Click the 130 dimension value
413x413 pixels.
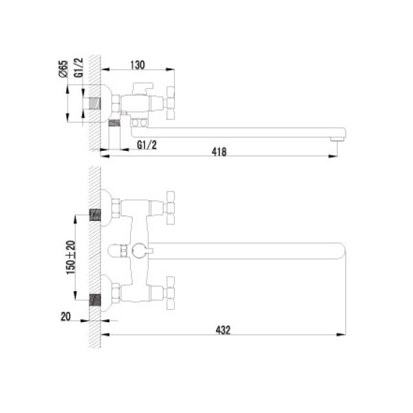point(138,65)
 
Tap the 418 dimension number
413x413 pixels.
point(219,151)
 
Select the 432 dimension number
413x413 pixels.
point(223,330)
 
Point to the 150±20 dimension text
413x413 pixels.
point(71,257)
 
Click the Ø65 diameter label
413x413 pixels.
point(63,69)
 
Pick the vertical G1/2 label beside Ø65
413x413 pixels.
point(78,67)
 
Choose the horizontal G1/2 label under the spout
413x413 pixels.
point(147,145)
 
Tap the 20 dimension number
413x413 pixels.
point(65,317)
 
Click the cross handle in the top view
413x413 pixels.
point(171,103)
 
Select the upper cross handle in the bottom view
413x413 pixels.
point(171,208)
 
